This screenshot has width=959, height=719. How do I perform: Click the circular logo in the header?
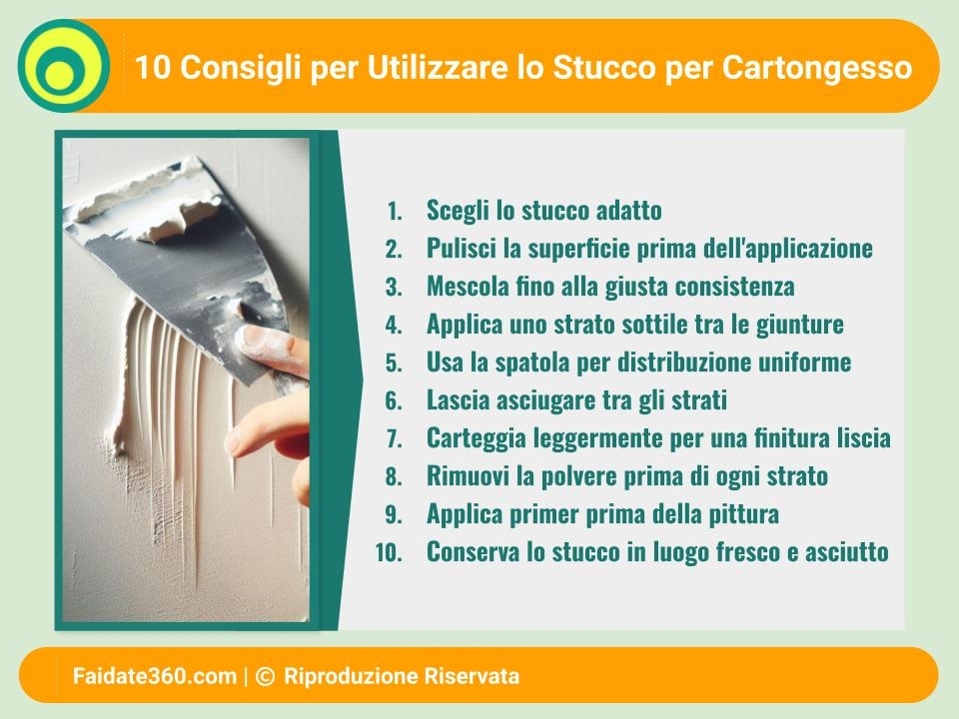point(64,66)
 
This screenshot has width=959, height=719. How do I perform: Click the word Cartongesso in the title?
point(817,68)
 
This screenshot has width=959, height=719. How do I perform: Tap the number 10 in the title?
point(152,67)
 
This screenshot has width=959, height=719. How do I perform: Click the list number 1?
point(395,211)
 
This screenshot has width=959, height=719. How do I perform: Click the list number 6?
point(394,400)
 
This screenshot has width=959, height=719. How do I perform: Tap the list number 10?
point(389,552)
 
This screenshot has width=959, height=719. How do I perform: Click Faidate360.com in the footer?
point(155,676)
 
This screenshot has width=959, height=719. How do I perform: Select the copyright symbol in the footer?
point(265,676)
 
